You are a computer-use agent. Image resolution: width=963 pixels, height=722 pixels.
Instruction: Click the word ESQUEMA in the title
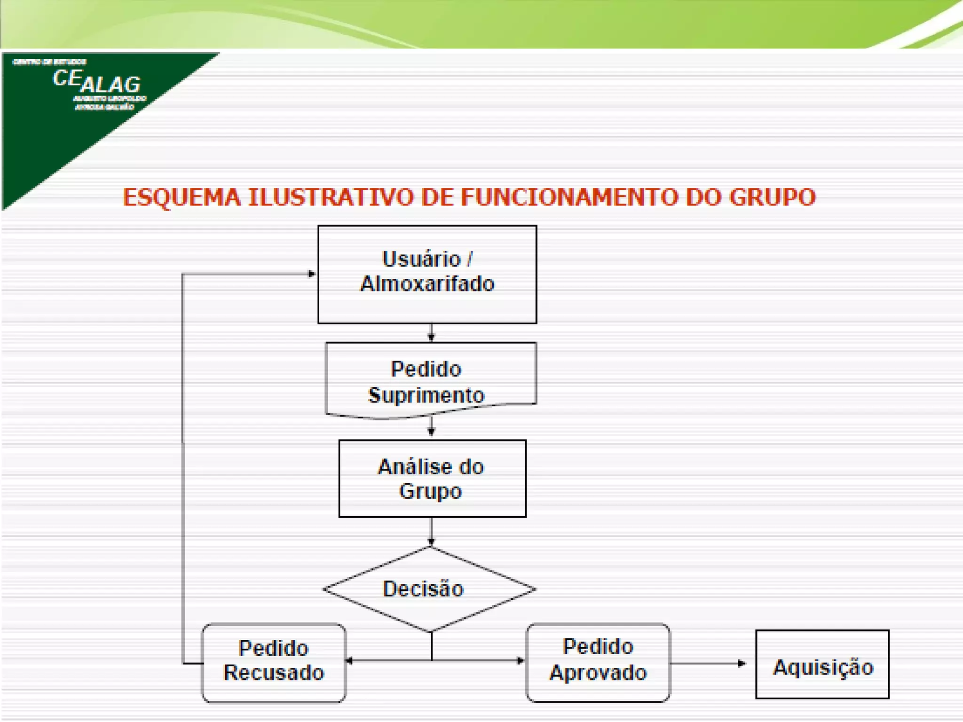pos(182,197)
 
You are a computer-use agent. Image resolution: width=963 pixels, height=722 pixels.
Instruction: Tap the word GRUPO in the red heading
pos(772,197)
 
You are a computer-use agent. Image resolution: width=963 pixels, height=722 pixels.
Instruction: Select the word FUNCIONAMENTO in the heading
pos(569,197)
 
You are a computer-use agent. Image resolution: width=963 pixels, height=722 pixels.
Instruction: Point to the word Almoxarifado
pos(427,284)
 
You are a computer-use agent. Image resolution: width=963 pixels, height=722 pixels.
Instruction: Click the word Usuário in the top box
pos(421,259)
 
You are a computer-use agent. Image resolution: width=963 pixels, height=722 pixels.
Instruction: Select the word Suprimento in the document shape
pos(426,395)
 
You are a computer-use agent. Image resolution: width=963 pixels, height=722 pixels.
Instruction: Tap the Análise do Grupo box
pos(432,479)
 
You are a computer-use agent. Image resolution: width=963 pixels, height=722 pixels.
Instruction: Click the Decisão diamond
pos(429,589)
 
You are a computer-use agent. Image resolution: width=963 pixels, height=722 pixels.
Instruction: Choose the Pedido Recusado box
pos(274,662)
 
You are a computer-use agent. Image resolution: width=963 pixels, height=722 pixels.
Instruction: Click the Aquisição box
pos(822,664)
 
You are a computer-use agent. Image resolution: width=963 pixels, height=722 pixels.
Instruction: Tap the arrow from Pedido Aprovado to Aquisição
pos(708,663)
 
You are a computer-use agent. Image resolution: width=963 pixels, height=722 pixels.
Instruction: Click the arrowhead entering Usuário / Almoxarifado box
pos(312,274)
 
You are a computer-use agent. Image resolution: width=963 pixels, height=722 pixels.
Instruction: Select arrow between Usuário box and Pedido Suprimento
pos(431,333)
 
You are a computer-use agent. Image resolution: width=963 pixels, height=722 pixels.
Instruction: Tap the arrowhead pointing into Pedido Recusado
pos(349,660)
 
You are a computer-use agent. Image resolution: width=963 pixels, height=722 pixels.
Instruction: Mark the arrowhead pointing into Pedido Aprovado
pos(521,660)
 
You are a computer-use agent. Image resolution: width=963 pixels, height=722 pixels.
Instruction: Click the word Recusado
pos(274,673)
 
